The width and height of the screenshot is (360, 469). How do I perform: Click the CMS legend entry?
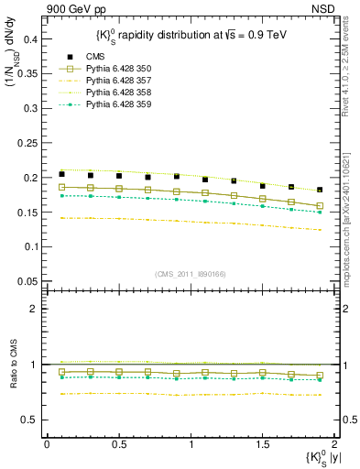[x=97, y=57]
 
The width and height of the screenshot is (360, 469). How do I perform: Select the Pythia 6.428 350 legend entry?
[x=115, y=69]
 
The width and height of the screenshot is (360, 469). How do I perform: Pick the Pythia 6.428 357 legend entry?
[x=115, y=81]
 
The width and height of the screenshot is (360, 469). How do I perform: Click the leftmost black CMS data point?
[x=61, y=174]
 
